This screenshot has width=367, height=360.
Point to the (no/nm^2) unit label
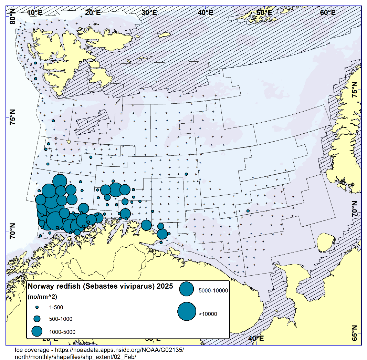coord(42,296)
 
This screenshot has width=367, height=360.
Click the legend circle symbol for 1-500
coord(37,307)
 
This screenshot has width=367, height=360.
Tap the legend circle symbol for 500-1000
coord(37,319)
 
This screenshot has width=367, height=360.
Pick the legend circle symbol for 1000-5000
coord(37,331)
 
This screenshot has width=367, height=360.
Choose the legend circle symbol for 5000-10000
coord(187,290)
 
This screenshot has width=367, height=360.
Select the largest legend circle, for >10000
coord(187,311)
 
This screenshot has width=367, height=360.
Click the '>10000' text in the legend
coord(208,314)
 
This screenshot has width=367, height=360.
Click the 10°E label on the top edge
coord(35,13)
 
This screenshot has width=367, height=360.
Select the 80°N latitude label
coord(13,17)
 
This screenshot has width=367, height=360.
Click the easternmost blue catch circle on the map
coord(248,211)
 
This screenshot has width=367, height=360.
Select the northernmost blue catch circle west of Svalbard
coord(35,63)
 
